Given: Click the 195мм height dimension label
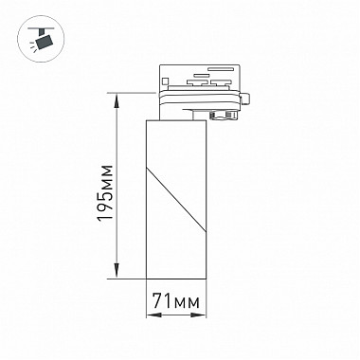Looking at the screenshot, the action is click(x=105, y=193).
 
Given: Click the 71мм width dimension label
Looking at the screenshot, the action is click(x=176, y=300).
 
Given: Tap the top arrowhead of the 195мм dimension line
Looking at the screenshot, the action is click(x=117, y=100).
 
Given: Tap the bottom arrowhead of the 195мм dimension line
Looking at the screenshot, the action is click(x=117, y=271).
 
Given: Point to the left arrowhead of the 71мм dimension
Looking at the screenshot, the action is click(x=153, y=315).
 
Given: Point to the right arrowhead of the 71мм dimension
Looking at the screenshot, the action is click(x=199, y=315).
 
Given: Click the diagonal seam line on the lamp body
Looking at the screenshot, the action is click(x=176, y=200).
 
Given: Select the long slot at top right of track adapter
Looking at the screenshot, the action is click(x=220, y=68).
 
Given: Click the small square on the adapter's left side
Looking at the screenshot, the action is click(x=165, y=81).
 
